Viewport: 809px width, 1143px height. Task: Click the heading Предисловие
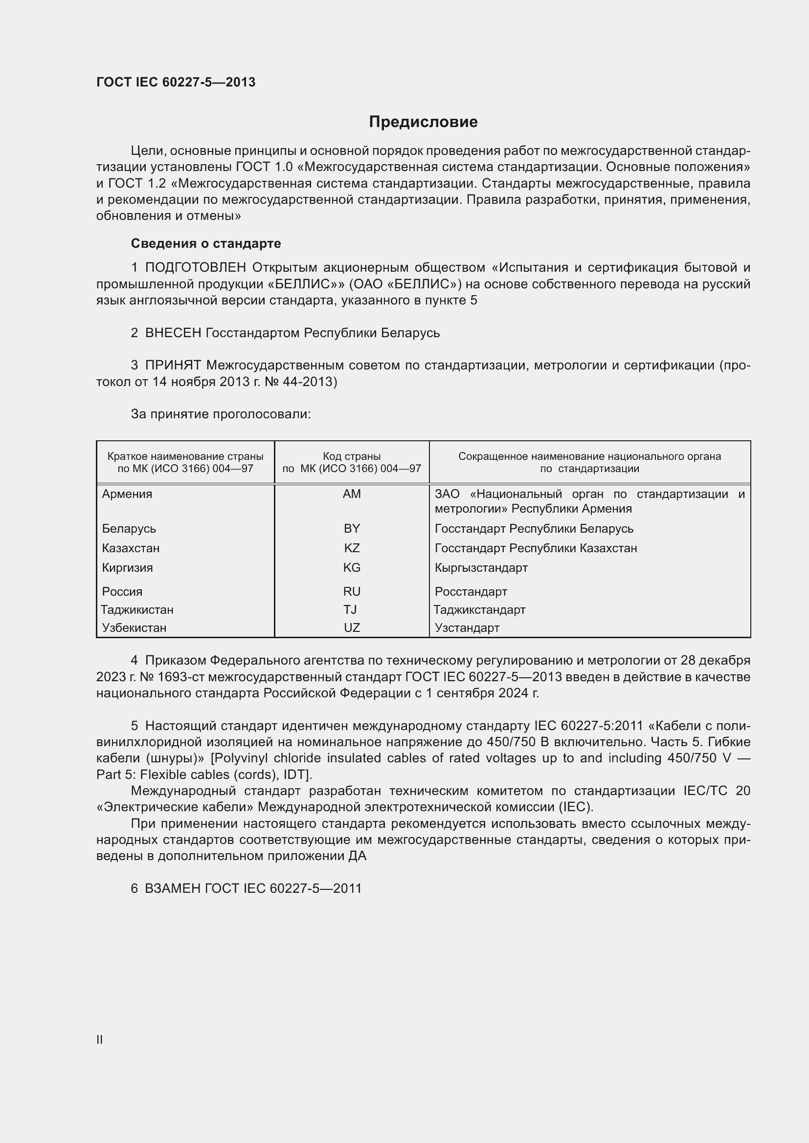pos(423,122)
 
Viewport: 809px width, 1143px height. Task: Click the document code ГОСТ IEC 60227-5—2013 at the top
pos(176,82)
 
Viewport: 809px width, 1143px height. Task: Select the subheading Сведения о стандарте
pos(206,243)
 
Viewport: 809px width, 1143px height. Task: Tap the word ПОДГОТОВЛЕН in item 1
pos(195,268)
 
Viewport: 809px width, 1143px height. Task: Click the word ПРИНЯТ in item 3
pos(173,366)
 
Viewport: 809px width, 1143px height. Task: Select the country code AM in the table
pos(352,494)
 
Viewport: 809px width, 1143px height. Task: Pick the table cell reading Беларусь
pos(129,528)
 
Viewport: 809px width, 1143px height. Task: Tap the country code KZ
pos(352,548)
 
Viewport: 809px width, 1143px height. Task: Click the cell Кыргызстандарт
pos(481,567)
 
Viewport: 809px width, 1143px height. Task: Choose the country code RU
pos(352,591)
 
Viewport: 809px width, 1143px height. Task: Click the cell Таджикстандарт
pos(479,610)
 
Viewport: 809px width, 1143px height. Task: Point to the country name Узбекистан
pos(134,628)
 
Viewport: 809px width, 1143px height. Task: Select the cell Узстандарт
pos(467,628)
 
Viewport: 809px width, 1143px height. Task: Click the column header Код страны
pos(352,456)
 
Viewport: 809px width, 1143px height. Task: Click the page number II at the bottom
pos(100,1039)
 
